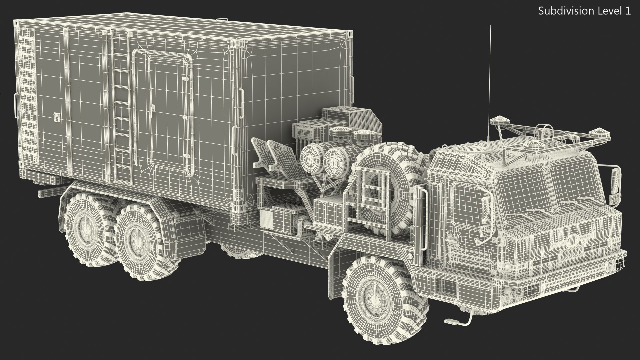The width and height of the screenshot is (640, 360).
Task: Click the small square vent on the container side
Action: point(57,116)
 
